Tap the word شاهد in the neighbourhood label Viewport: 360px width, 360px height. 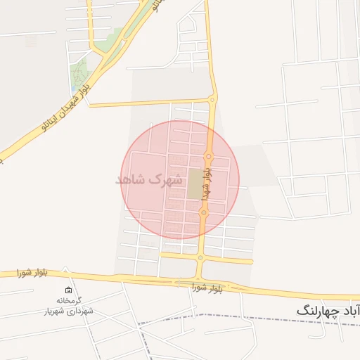coord(132,179)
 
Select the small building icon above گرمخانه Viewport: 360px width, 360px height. coord(68,290)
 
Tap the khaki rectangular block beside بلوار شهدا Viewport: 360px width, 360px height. coord(194,184)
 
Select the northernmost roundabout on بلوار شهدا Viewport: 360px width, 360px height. coord(212,101)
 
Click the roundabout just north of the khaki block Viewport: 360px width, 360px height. coord(209,155)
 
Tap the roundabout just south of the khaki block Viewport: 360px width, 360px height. coord(205,213)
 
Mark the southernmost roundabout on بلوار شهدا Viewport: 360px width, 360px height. coord(200,258)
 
